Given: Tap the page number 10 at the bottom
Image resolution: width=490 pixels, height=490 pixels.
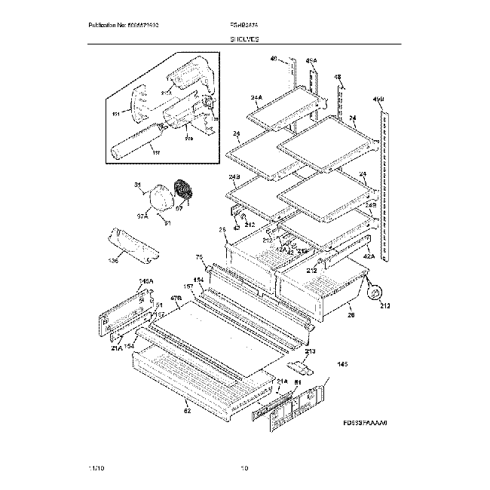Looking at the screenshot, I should [244, 468].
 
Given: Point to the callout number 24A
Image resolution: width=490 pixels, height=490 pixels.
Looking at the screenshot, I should [256, 98].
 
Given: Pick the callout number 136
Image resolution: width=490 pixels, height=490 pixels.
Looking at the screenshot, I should [113, 262].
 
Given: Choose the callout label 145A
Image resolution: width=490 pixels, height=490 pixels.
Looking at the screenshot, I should [145, 281].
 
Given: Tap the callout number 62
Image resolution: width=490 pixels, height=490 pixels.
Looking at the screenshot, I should [187, 411].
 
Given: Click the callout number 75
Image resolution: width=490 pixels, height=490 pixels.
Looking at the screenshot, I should [200, 258].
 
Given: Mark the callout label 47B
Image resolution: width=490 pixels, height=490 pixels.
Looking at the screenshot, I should [176, 299].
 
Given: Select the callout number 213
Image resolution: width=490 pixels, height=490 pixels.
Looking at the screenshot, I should [310, 351].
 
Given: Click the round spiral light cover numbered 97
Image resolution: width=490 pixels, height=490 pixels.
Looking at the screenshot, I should [182, 191].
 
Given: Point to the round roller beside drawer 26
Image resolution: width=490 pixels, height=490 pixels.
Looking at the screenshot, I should [375, 292].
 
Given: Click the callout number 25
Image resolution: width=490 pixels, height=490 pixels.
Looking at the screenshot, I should [222, 230].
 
